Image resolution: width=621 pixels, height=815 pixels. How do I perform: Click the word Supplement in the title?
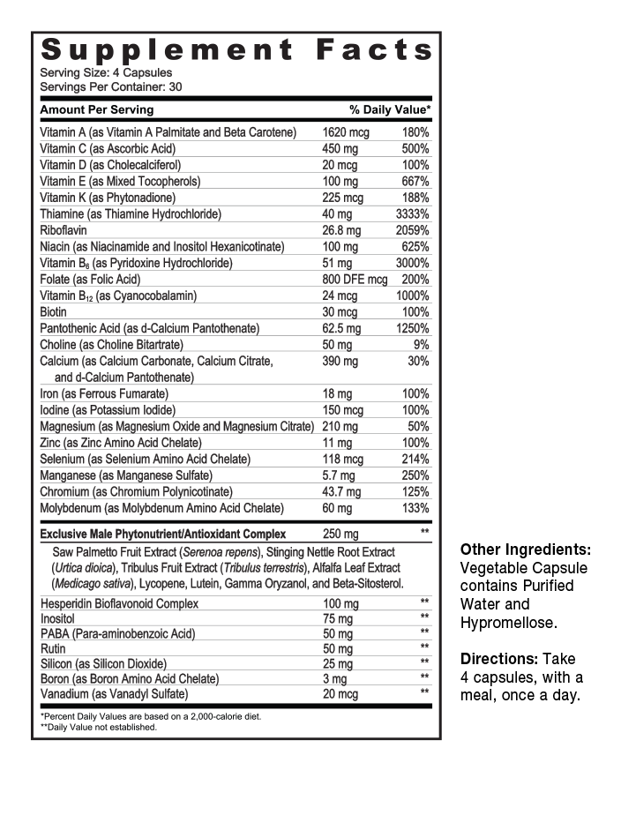coord(167,50)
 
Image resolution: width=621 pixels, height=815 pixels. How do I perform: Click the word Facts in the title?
coord(374,50)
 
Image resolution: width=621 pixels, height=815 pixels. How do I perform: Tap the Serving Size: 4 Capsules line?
coord(106,72)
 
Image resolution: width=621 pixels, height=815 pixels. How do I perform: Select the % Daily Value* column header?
coord(390,109)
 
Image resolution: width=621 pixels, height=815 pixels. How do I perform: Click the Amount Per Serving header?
coord(97,109)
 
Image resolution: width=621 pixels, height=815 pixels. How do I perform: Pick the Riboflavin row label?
coord(64,230)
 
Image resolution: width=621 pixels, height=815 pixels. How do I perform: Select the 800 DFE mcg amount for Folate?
coord(355,280)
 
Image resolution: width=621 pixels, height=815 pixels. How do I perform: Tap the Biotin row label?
coord(54,312)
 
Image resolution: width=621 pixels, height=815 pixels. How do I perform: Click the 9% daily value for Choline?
coord(422,345)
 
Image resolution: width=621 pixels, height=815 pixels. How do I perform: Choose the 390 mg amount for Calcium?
coord(340,361)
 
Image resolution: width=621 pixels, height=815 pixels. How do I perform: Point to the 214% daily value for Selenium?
coord(415,459)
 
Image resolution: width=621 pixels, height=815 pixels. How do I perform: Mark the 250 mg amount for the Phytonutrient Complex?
coord(340,534)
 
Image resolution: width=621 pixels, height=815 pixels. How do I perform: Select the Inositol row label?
coord(59,618)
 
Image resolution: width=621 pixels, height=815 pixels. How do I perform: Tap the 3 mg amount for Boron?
coord(335,678)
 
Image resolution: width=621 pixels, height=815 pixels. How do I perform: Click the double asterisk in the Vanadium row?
coord(424,692)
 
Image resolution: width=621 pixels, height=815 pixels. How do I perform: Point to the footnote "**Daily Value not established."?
coord(100,727)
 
